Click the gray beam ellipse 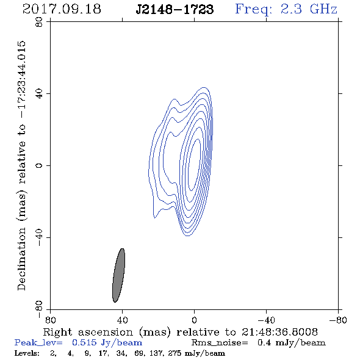click(x=118, y=275)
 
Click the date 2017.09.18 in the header click(x=62, y=9)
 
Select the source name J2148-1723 click(x=175, y=9)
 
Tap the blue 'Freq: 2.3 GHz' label click(x=286, y=9)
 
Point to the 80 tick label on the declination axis click(x=39, y=22)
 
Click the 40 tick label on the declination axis click(x=39, y=94)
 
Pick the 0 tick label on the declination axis click(x=39, y=165)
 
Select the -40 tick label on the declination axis click(x=39, y=237)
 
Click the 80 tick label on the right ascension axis click(x=50, y=320)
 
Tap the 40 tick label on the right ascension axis click(x=122, y=320)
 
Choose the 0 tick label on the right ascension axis click(x=194, y=320)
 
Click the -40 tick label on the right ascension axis click(x=266, y=320)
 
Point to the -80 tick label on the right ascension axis click(x=338, y=320)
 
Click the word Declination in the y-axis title click(x=21, y=259)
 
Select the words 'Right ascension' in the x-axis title click(x=88, y=332)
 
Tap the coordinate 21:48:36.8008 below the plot click(x=279, y=332)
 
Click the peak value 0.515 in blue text click(x=84, y=342)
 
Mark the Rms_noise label click(x=220, y=343)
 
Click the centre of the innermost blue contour click(x=195, y=165)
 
